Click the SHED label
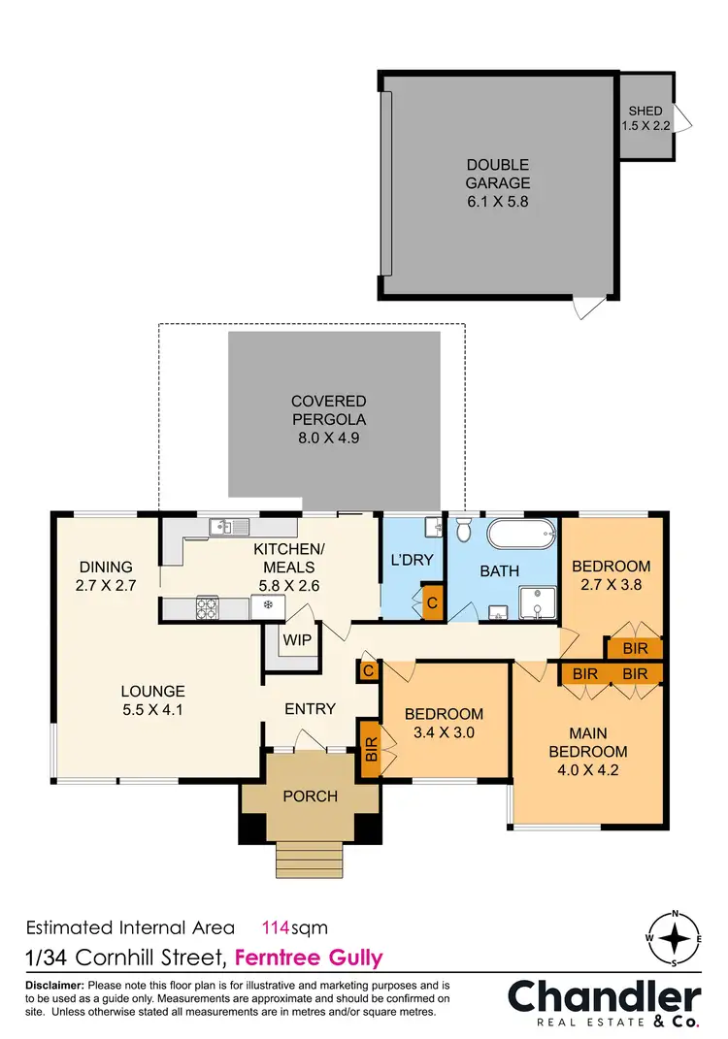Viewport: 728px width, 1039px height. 645,112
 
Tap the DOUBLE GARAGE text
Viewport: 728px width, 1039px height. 497,183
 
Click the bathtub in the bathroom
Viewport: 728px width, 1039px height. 522,535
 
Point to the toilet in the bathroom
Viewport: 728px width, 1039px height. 463,530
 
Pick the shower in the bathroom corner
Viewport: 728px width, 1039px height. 537,602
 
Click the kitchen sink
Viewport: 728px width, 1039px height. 229,527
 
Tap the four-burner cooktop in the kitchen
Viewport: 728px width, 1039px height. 209,608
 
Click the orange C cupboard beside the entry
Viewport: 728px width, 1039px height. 369,670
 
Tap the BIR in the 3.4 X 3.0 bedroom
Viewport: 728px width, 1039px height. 369,748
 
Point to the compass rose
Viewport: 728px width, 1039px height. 674,939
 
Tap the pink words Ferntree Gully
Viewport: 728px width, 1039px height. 309,958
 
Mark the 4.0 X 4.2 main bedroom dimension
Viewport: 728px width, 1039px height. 587,772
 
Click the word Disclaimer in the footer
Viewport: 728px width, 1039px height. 55,986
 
